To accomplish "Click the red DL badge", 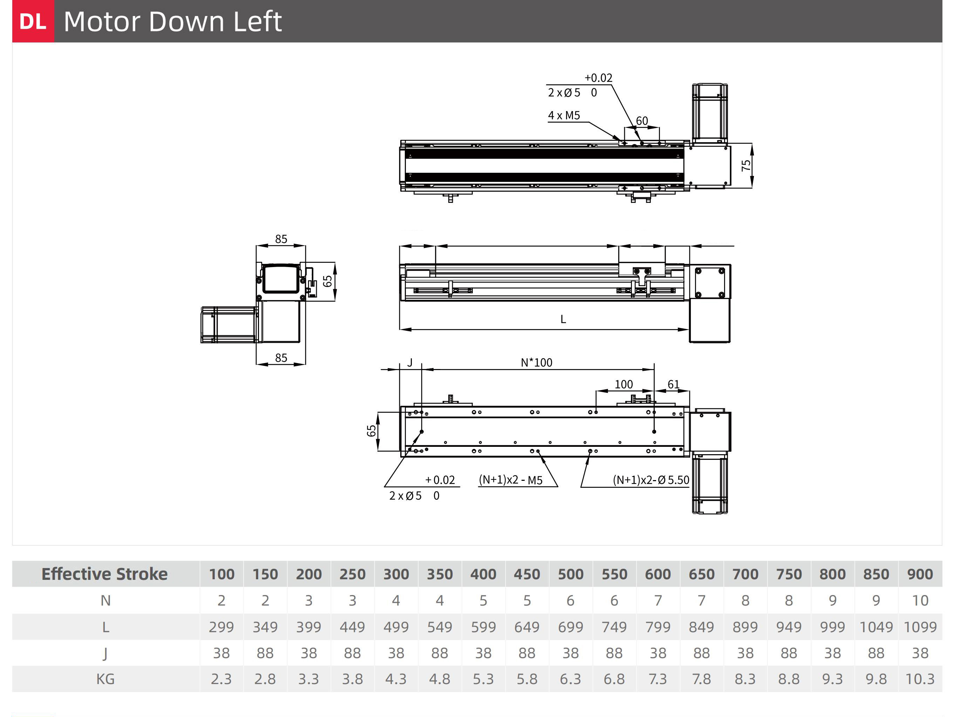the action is [33, 21].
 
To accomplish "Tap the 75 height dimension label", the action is [746, 165].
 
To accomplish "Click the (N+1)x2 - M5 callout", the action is [511, 479].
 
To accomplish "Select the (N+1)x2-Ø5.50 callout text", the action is [651, 480].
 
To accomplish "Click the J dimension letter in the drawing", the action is [410, 363].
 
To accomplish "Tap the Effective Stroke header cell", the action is [104, 574].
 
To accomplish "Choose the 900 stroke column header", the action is [920, 574].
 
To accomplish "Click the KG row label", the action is [105, 679].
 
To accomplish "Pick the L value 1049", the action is [876, 627].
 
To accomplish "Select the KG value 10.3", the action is [920, 679].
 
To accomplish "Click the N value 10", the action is [920, 600].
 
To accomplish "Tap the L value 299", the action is [221, 627].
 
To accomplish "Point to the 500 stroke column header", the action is [570, 574].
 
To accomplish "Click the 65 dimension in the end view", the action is [327, 281].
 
